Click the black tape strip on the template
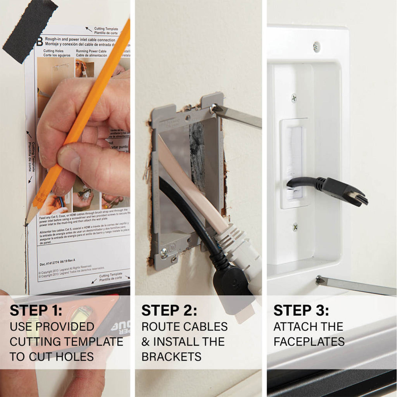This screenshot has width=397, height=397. click(30, 30)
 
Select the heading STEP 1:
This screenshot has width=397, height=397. click(36, 310)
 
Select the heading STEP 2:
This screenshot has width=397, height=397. click(169, 310)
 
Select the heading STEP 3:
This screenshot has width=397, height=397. click(301, 310)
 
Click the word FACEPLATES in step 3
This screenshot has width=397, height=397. click(309, 341)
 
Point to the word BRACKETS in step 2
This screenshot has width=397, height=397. click(171, 356)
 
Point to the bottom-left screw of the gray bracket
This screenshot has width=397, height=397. click(163, 253)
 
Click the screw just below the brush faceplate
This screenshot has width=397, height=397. click(295, 227)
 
